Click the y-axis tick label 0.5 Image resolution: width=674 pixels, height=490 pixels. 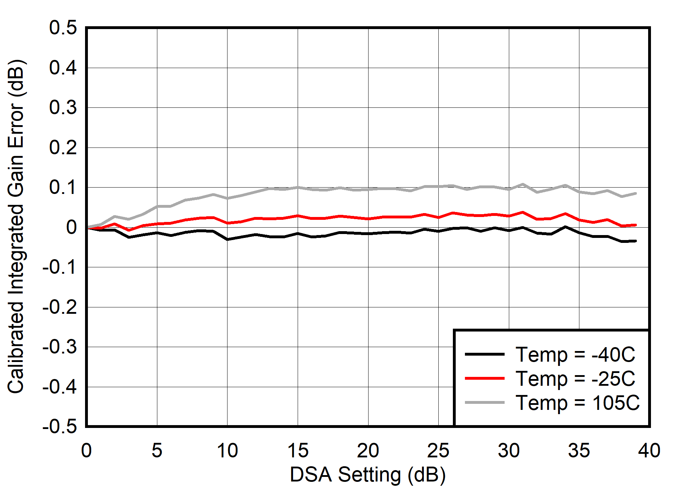(x=63, y=28)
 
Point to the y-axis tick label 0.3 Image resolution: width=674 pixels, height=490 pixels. (x=63, y=108)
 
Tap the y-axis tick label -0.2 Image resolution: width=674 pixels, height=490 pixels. (x=59, y=307)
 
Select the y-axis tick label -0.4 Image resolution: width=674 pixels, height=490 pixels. (x=59, y=387)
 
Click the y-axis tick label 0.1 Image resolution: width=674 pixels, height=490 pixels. (x=63, y=188)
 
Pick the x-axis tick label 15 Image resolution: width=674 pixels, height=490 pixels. (x=298, y=451)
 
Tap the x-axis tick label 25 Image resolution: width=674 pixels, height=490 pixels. (x=438, y=451)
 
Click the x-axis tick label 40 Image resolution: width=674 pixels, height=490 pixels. (x=649, y=451)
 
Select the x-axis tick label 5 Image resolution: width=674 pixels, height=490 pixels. (x=157, y=451)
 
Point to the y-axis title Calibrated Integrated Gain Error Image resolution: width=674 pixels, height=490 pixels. (x=16, y=227)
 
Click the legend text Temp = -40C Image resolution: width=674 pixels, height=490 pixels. (x=575, y=355)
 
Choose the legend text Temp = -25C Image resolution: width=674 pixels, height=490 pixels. (x=575, y=379)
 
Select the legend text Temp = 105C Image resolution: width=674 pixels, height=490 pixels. (x=578, y=403)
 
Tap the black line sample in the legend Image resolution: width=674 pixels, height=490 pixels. (x=484, y=354)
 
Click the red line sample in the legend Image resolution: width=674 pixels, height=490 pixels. (x=484, y=378)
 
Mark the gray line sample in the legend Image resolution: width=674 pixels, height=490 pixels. (x=484, y=402)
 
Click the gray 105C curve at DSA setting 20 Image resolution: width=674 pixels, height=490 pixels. (x=368, y=189)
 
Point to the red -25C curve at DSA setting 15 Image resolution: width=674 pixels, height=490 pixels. (x=298, y=216)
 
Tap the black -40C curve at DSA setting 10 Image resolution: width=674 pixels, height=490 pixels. (x=228, y=239)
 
